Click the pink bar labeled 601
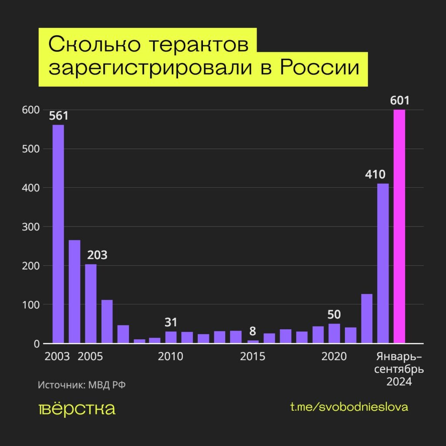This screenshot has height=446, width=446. [x=399, y=226]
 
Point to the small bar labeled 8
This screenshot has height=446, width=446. [x=253, y=341]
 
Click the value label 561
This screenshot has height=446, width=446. [x=58, y=116]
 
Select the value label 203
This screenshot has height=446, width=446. [x=97, y=255]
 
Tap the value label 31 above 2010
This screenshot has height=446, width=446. [x=171, y=323]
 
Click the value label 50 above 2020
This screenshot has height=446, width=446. [x=334, y=314]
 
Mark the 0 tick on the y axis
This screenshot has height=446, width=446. [x=37, y=344]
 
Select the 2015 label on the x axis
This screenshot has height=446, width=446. [x=253, y=357]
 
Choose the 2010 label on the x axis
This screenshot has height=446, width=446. [x=171, y=357]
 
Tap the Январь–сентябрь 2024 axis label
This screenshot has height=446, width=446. [x=399, y=370]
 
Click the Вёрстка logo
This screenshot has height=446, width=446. [x=77, y=409]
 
